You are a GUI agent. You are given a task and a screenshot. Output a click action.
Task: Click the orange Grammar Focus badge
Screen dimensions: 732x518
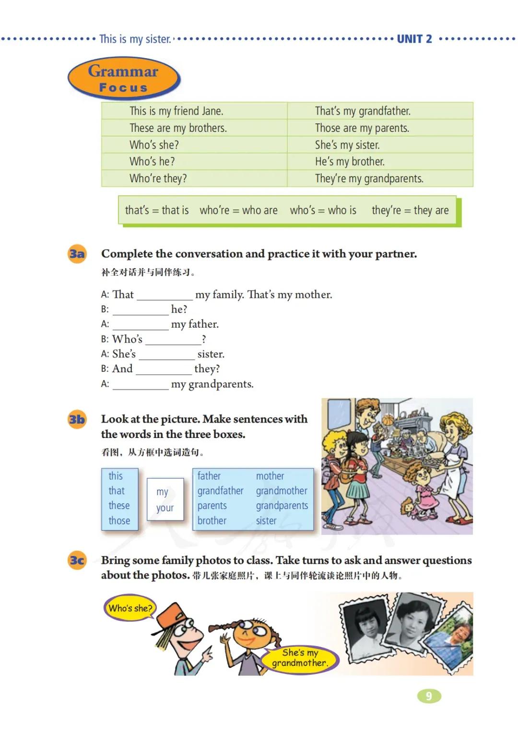[x=124, y=78]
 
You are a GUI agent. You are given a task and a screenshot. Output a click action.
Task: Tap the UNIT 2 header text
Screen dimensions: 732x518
[x=414, y=39]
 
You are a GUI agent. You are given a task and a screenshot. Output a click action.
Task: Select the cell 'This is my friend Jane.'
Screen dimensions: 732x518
[x=176, y=111]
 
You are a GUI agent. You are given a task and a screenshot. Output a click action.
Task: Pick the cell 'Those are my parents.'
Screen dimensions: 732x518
[x=362, y=128]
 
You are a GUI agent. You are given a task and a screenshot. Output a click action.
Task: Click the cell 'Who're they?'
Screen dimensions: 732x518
[x=158, y=178]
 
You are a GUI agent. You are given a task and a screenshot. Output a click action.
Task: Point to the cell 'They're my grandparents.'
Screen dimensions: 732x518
[x=369, y=178]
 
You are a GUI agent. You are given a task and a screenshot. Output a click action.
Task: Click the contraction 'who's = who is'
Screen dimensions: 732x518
[x=323, y=210]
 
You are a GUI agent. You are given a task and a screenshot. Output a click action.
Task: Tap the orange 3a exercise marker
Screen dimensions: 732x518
[x=77, y=254]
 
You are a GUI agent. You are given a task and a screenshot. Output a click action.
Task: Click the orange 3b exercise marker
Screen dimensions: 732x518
[x=77, y=420]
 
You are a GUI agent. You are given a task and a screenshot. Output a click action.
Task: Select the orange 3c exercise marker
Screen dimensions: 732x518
[x=77, y=560]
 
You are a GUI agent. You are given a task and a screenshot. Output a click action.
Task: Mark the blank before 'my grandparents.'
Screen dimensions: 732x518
[x=141, y=385]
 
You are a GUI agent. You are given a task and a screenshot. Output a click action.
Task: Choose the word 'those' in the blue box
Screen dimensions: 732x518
[x=119, y=520]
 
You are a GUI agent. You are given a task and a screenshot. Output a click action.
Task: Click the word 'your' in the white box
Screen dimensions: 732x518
[x=165, y=508]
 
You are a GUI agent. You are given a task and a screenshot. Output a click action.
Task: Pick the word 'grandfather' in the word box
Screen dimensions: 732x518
[x=220, y=491]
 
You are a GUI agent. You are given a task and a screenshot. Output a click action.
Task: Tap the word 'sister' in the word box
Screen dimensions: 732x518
[x=266, y=520]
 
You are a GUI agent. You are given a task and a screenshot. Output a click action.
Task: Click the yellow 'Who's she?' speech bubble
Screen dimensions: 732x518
[x=130, y=608]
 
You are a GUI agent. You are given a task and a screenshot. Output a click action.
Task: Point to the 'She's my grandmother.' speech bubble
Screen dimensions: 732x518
[x=300, y=658]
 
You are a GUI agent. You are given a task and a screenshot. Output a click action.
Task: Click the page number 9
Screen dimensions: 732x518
[x=429, y=696]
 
